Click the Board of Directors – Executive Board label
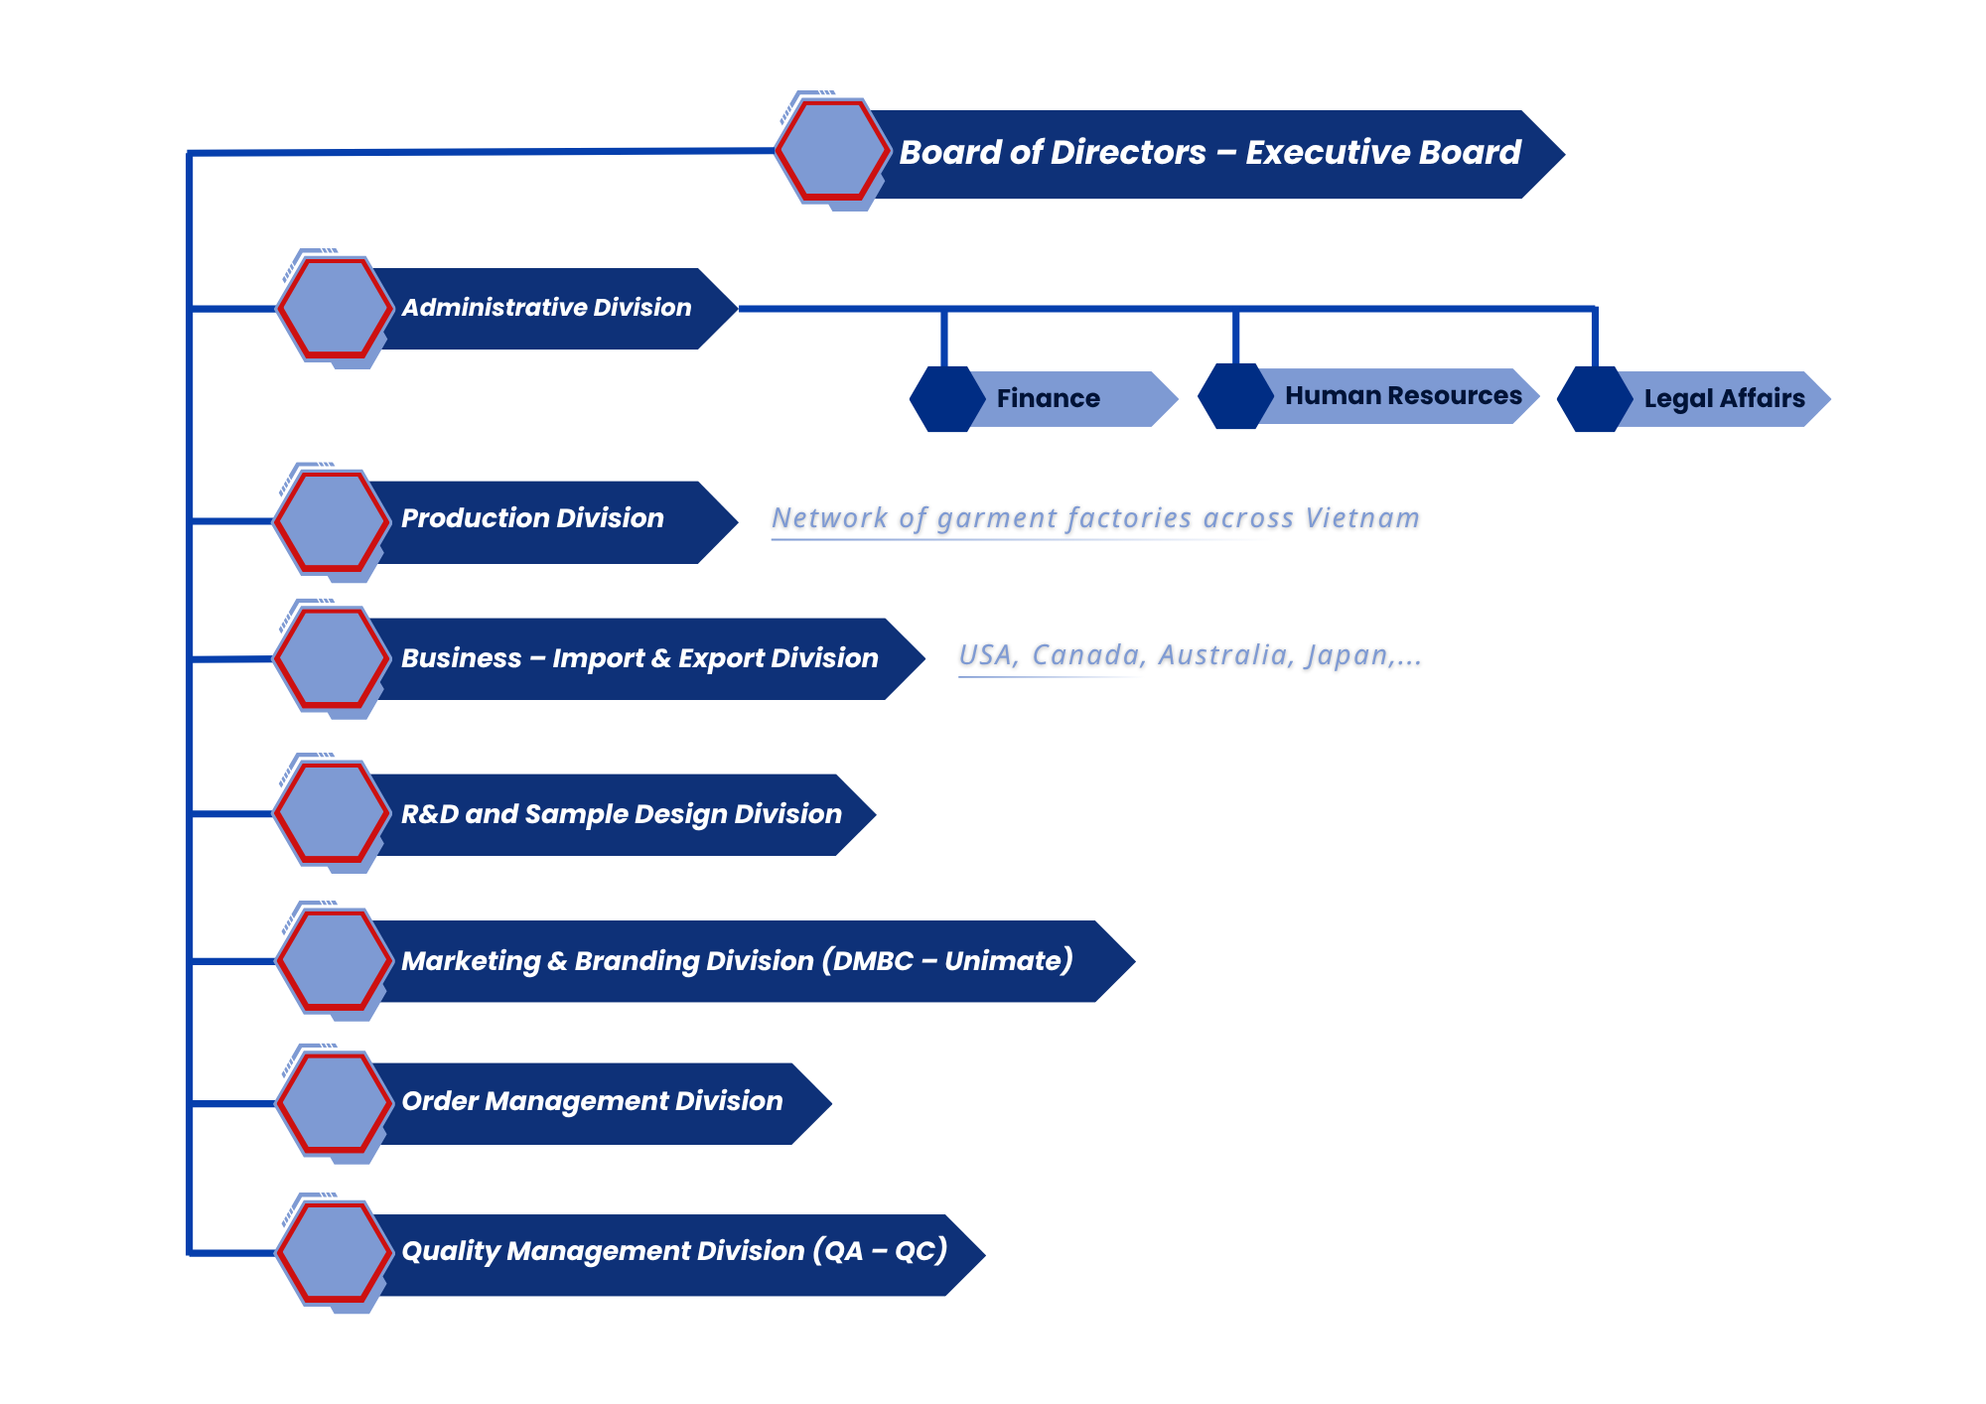[1209, 153]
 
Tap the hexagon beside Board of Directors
[830, 151]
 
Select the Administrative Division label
[546, 308]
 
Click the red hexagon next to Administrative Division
[334, 308]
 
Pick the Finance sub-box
[1049, 399]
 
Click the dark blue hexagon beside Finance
[945, 399]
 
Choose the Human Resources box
[1402, 396]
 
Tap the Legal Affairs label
[1724, 399]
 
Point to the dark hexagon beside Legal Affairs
[1595, 399]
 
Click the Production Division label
[532, 518]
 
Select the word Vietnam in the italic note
[1362, 518]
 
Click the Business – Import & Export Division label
[639, 658]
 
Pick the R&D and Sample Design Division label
[621, 814]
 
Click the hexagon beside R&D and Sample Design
[332, 812]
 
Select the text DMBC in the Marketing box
[873, 961]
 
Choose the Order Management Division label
[592, 1101]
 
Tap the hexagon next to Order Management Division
[334, 1102]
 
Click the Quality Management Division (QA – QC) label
[673, 1251]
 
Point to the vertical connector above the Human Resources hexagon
[1235, 338]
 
